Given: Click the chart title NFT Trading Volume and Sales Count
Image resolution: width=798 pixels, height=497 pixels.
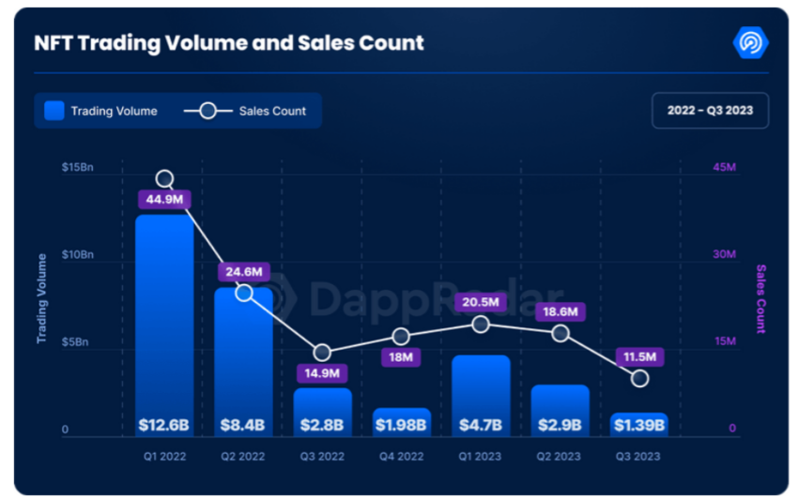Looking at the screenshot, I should (x=228, y=43).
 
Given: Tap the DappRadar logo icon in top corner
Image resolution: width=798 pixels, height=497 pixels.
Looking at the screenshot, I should (x=750, y=43).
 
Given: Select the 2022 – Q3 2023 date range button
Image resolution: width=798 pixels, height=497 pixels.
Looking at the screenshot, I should (x=710, y=111).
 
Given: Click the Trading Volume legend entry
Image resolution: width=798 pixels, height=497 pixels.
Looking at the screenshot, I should (x=101, y=111).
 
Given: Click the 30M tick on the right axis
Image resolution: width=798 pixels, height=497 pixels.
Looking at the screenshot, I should (x=723, y=255).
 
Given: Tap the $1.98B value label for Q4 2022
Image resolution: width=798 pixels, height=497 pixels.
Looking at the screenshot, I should (x=402, y=425).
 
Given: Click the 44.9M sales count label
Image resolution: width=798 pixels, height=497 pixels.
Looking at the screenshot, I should (x=165, y=199).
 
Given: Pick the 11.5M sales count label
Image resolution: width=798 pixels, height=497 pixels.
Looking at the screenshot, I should (x=640, y=356).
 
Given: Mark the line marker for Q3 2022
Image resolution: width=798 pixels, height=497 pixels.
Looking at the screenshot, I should (x=322, y=354).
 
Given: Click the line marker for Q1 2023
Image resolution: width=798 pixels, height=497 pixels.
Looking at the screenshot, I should (x=481, y=324).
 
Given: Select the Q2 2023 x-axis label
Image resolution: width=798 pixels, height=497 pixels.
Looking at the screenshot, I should (x=560, y=457).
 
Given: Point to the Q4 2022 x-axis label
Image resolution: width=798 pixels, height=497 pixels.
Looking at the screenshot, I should (x=402, y=457).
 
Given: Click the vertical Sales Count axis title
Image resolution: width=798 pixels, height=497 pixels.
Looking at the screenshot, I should (x=760, y=298).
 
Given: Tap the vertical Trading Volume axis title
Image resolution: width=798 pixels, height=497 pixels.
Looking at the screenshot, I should (x=41, y=298).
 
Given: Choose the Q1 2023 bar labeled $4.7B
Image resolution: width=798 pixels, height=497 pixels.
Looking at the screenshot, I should (x=481, y=394).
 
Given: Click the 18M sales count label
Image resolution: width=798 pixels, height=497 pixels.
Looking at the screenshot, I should (x=402, y=357).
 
